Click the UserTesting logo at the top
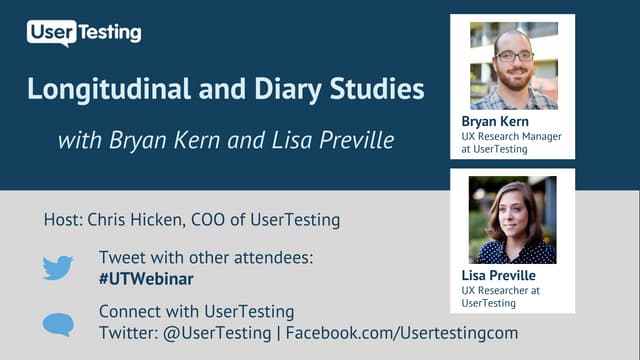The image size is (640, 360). click(x=84, y=33)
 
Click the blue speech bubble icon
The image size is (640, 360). click(x=57, y=324)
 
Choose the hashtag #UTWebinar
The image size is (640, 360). click(x=146, y=278)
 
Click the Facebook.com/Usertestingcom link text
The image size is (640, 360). click(x=402, y=332)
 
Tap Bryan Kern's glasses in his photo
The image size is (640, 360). click(x=514, y=56)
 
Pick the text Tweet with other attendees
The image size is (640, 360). click(x=206, y=258)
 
